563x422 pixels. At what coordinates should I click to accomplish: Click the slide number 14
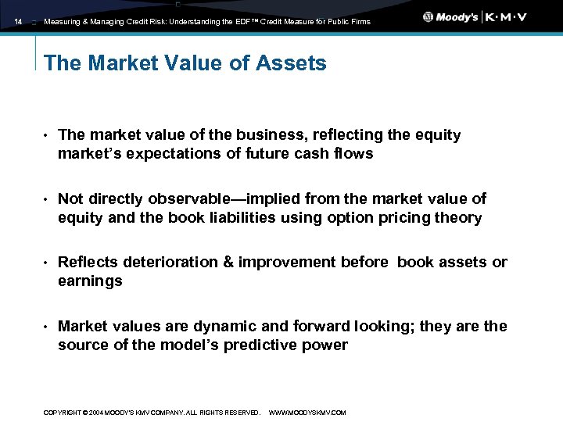pyautogui.click(x=17, y=22)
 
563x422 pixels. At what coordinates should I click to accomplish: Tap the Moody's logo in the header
pyautogui.click(x=451, y=17)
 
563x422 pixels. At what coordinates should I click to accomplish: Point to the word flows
pyautogui.click(x=353, y=154)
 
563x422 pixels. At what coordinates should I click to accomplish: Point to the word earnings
pyautogui.click(x=90, y=281)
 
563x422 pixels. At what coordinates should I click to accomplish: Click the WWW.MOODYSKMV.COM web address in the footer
pyautogui.click(x=307, y=413)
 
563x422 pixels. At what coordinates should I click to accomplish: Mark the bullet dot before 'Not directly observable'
pyautogui.click(x=47, y=200)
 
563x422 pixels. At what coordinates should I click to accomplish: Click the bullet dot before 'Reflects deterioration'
pyautogui.click(x=47, y=263)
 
